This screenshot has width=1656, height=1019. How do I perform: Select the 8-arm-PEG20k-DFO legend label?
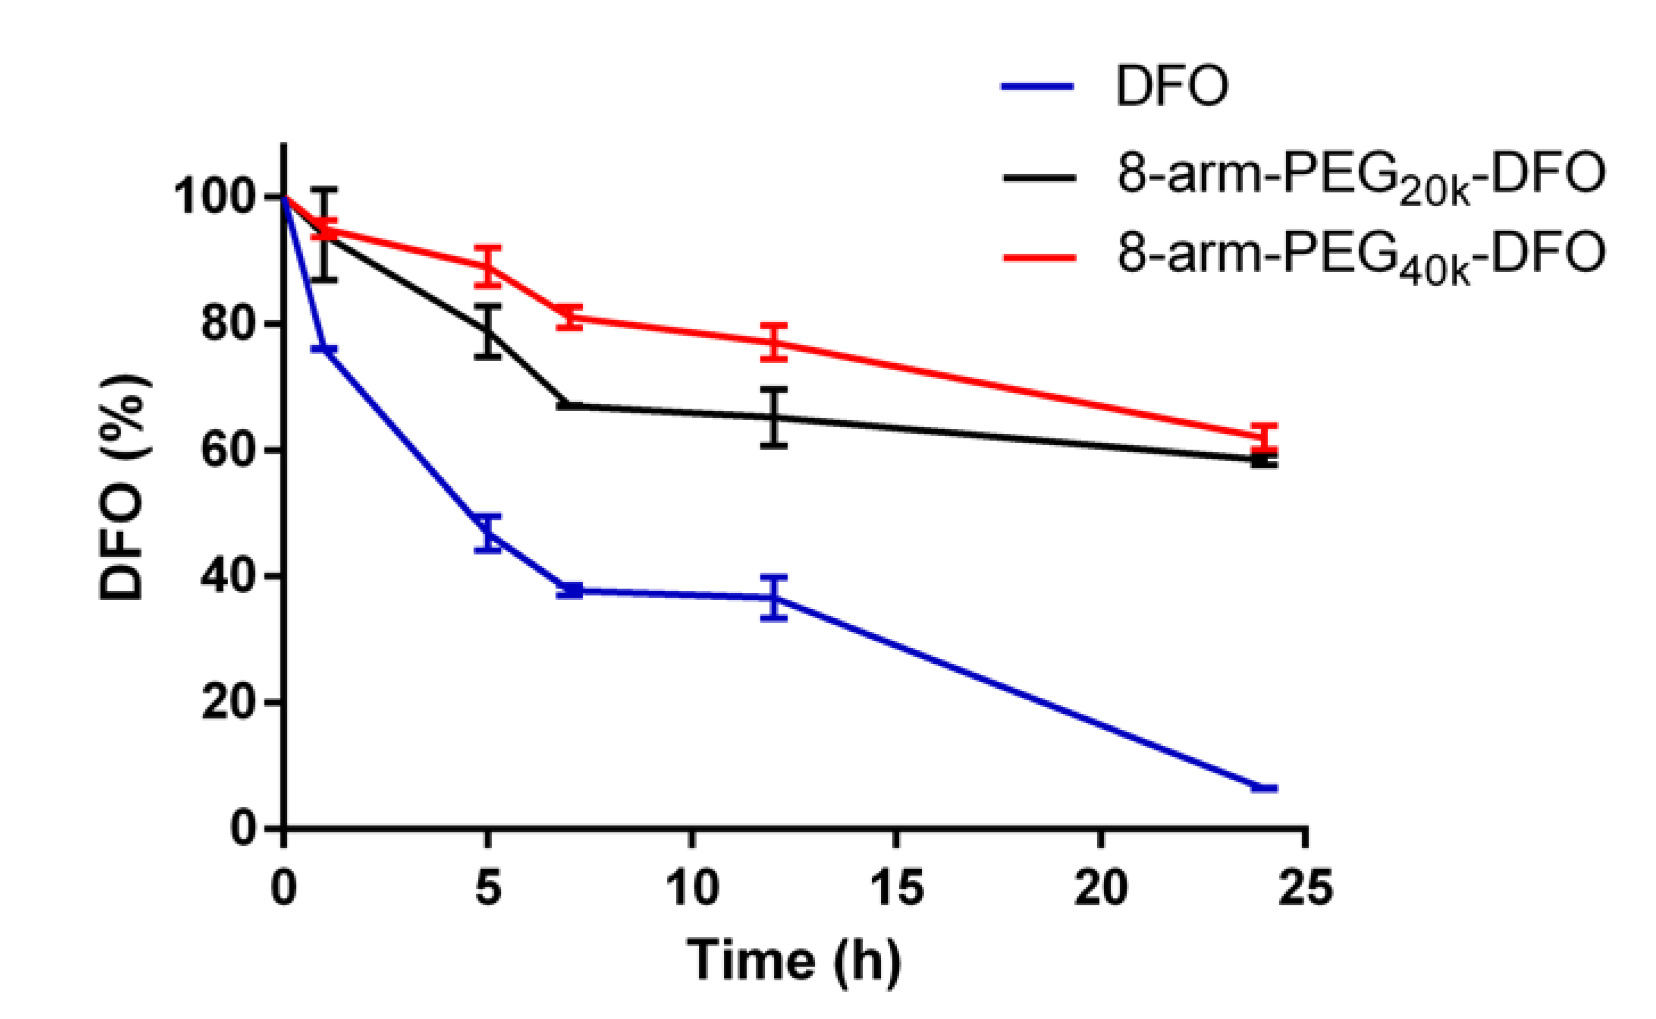tap(1361, 177)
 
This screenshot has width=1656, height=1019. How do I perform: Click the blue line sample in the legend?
tap(1037, 85)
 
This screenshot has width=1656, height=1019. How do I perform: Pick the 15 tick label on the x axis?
tap(897, 887)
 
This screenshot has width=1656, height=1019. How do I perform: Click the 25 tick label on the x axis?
tap(1305, 887)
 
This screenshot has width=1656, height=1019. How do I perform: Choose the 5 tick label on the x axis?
tap(488, 887)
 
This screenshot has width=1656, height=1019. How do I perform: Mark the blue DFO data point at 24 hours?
tap(1264, 788)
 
